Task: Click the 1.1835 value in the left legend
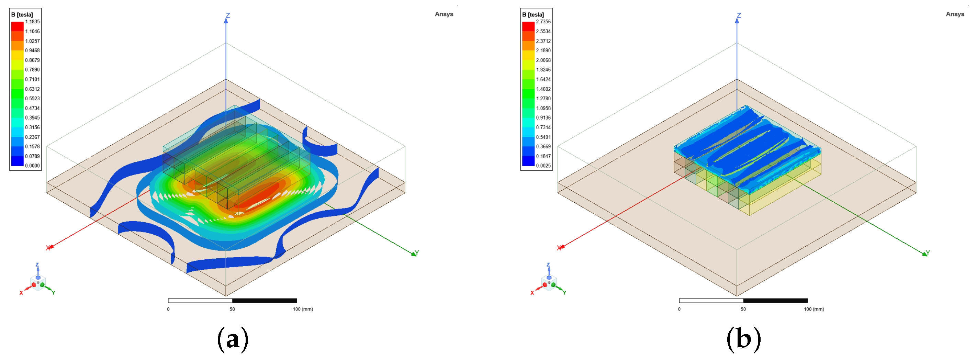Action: pos(32,22)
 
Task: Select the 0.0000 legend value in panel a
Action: pos(32,166)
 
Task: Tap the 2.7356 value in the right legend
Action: pos(543,22)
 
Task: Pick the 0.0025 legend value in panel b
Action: pos(543,166)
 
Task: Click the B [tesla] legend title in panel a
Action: pos(22,15)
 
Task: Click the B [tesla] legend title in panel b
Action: pos(533,15)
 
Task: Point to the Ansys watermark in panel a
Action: pos(444,14)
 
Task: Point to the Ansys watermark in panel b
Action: pos(955,14)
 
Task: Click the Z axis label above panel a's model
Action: pos(228,15)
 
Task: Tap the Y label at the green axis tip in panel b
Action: pos(928,253)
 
